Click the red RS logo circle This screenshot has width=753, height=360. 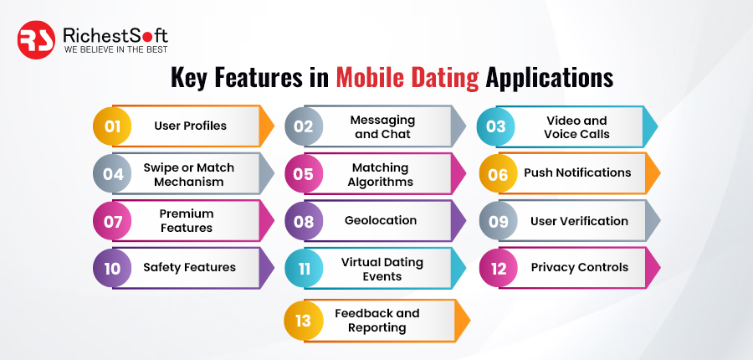[36, 40]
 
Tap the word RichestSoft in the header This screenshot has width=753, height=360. [115, 35]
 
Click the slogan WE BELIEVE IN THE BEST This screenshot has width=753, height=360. [115, 49]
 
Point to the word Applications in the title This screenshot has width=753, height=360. [550, 79]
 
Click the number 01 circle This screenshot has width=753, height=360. [112, 126]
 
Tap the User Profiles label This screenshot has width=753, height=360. [190, 126]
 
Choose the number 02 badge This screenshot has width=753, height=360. [304, 126]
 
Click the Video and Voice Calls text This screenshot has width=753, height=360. [576, 127]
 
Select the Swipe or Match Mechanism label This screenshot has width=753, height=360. [189, 174]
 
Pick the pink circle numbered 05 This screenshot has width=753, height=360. [304, 173]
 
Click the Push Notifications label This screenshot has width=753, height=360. [577, 172]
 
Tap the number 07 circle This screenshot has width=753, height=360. [112, 221]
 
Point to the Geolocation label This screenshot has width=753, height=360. [381, 220]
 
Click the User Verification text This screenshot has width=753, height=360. [579, 221]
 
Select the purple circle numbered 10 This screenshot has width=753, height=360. [112, 268]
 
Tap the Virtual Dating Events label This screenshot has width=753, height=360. [382, 269]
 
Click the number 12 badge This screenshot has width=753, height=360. [499, 268]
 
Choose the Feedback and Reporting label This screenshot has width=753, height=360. [377, 320]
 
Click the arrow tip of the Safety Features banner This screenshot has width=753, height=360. [274, 268]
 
